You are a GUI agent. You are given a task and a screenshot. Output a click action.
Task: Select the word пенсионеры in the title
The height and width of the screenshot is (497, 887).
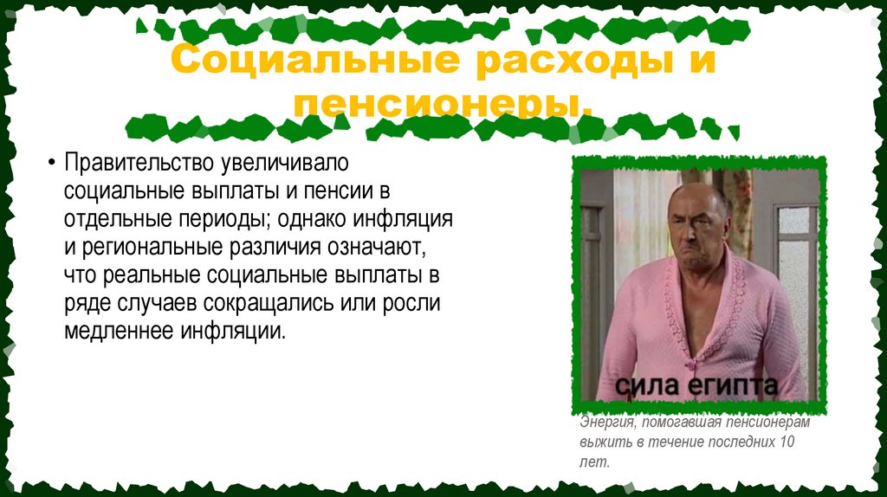click(443, 106)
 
